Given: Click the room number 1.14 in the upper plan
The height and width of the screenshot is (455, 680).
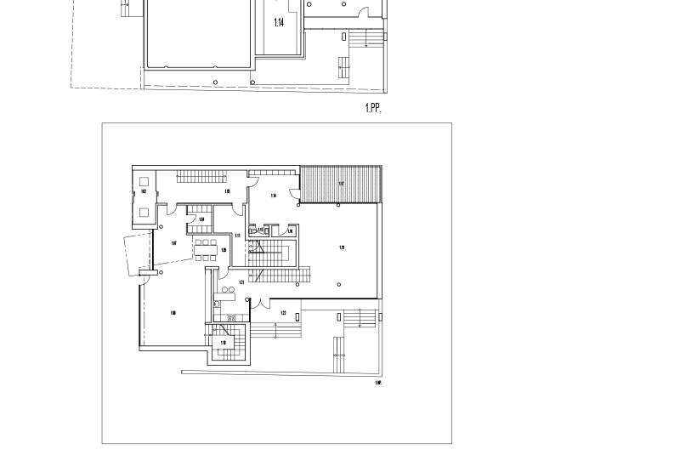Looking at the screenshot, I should [x=279, y=23].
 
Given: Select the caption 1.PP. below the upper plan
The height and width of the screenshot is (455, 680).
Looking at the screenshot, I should [x=373, y=108].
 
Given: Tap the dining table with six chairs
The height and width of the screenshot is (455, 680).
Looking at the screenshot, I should [x=205, y=250].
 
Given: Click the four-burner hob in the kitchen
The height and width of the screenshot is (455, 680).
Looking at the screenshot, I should [x=229, y=317].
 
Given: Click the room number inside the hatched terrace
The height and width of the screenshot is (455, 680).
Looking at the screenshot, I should [x=341, y=184].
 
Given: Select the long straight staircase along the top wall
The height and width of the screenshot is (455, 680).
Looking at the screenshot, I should [x=201, y=177].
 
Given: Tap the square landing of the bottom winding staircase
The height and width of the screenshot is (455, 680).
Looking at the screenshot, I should [x=224, y=344].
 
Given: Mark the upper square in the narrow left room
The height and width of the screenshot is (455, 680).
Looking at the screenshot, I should [x=144, y=180].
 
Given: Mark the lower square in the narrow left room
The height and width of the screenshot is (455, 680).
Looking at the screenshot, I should [x=144, y=212].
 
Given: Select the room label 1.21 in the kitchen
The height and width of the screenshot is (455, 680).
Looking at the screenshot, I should [x=241, y=282].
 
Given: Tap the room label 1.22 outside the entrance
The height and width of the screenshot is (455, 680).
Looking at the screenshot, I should [x=283, y=313].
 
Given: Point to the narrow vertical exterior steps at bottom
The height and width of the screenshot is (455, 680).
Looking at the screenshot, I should [x=338, y=354].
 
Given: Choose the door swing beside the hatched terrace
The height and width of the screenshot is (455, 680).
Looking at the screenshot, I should [x=294, y=193].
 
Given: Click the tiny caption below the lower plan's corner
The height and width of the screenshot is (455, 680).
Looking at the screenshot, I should [x=378, y=384].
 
